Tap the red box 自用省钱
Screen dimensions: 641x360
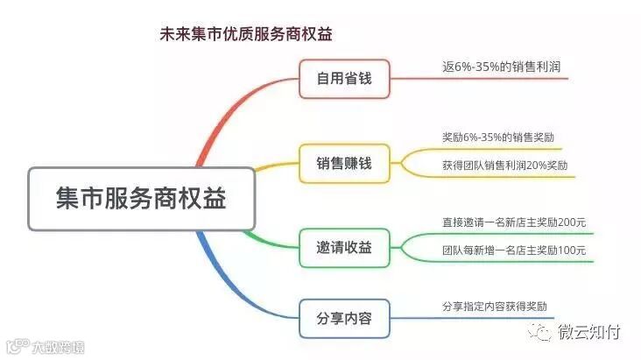pos(343,78)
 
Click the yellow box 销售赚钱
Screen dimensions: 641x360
pos(343,163)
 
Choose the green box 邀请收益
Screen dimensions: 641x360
pos(343,248)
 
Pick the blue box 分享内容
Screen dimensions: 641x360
pos(343,318)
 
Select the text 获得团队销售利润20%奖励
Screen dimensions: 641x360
pos(505,166)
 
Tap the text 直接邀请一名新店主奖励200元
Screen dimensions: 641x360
pos(514,222)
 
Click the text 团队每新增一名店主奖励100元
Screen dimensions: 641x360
pos(514,251)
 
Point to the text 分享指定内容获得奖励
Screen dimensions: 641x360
pos(495,307)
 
